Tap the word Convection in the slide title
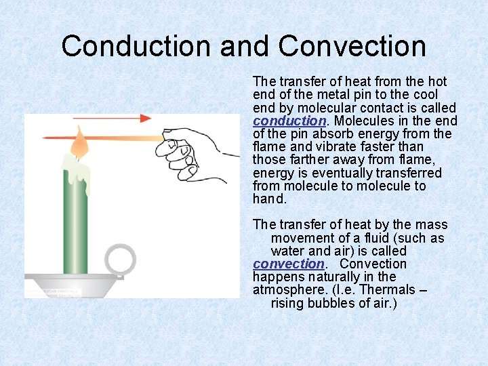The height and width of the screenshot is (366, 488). coord(352,46)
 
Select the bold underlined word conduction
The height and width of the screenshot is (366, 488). coord(289,121)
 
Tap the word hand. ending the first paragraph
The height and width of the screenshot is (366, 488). coord(270,199)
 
